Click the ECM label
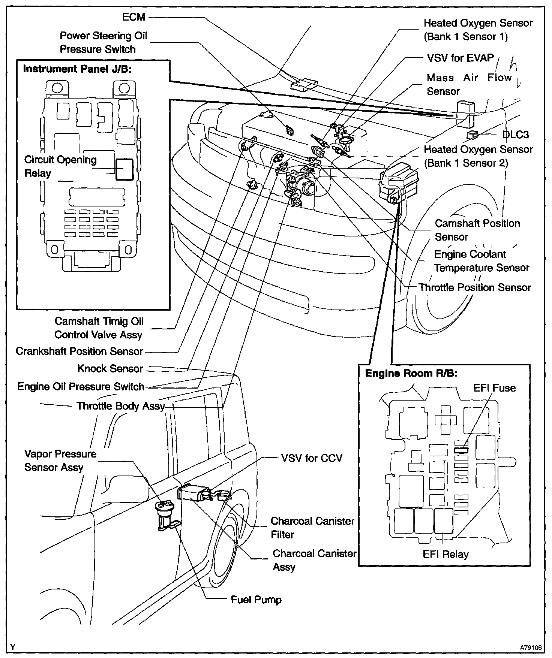[134, 17]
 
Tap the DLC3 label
[516, 135]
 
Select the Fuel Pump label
[256, 600]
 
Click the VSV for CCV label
[312, 458]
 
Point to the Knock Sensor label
[110, 369]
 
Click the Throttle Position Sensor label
[475, 288]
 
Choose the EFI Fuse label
[494, 388]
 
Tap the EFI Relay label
[445, 554]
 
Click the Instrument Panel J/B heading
[77, 69]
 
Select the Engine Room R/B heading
[411, 374]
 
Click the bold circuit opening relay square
[124, 170]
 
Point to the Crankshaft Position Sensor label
[79, 351]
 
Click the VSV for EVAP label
[460, 58]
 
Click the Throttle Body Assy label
[120, 406]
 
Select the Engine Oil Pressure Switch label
[81, 387]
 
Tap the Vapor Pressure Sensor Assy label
[60, 461]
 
